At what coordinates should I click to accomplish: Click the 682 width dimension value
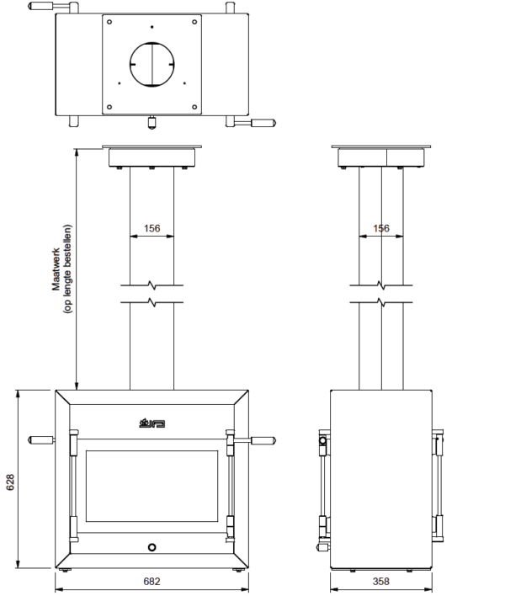pos(151,581)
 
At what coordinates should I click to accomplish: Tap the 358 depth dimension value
pos(380,581)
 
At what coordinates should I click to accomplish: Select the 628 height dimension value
pos(10,482)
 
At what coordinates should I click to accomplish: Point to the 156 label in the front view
pos(151,228)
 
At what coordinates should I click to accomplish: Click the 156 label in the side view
pos(381,228)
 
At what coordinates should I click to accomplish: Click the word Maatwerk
pos(56,269)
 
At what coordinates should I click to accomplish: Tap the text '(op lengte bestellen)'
pos(67,269)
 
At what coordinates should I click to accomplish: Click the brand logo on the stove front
pos(152,423)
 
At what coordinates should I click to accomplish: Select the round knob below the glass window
pos(152,547)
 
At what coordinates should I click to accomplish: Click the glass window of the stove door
pos(152,487)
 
